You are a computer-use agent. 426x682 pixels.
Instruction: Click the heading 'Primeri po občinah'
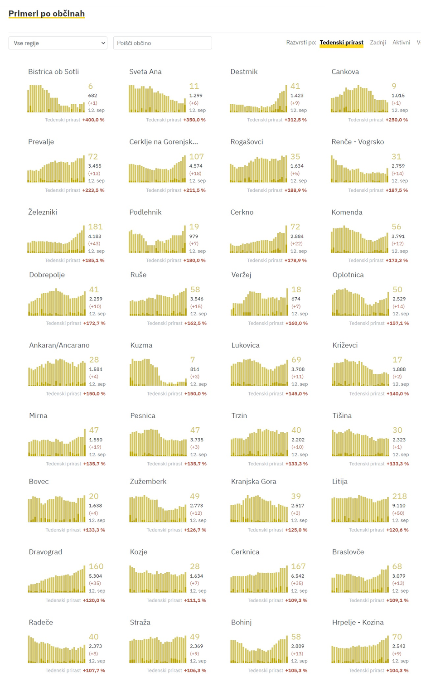pyautogui.click(x=47, y=14)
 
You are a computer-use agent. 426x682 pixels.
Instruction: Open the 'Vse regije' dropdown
pyautogui.click(x=58, y=43)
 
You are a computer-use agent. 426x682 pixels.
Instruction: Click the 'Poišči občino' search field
pyautogui.click(x=162, y=43)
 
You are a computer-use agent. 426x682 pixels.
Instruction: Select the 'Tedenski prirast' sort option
pyautogui.click(x=341, y=43)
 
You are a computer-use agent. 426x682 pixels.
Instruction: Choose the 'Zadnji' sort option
pyautogui.click(x=378, y=43)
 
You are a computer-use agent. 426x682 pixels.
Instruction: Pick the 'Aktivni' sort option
pyautogui.click(x=401, y=43)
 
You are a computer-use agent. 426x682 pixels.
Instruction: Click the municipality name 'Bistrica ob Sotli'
pyautogui.click(x=53, y=72)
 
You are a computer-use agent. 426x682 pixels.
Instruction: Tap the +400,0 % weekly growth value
pyautogui.click(x=93, y=120)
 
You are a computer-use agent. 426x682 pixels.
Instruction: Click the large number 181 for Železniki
pyautogui.click(x=95, y=227)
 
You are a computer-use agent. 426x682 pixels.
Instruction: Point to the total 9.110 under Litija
pyautogui.click(x=399, y=506)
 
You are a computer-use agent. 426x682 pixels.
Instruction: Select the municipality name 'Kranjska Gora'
pyautogui.click(x=253, y=482)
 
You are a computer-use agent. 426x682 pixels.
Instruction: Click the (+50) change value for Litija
pyautogui.click(x=399, y=513)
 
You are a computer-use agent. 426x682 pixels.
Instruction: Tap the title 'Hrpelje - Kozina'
pyautogui.click(x=358, y=623)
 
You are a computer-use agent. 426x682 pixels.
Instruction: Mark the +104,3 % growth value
pyautogui.click(x=397, y=671)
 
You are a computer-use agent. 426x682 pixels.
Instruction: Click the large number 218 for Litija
pyautogui.click(x=399, y=496)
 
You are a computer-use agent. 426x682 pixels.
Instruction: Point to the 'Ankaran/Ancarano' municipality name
pyautogui.click(x=59, y=345)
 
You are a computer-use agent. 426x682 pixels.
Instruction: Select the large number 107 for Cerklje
pyautogui.click(x=196, y=156)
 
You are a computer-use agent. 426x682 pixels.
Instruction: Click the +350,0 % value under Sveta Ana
pyautogui.click(x=194, y=120)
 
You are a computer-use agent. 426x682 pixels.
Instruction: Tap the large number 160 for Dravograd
pyautogui.click(x=96, y=566)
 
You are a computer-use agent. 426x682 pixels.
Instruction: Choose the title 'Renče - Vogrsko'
pyautogui.click(x=358, y=142)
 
